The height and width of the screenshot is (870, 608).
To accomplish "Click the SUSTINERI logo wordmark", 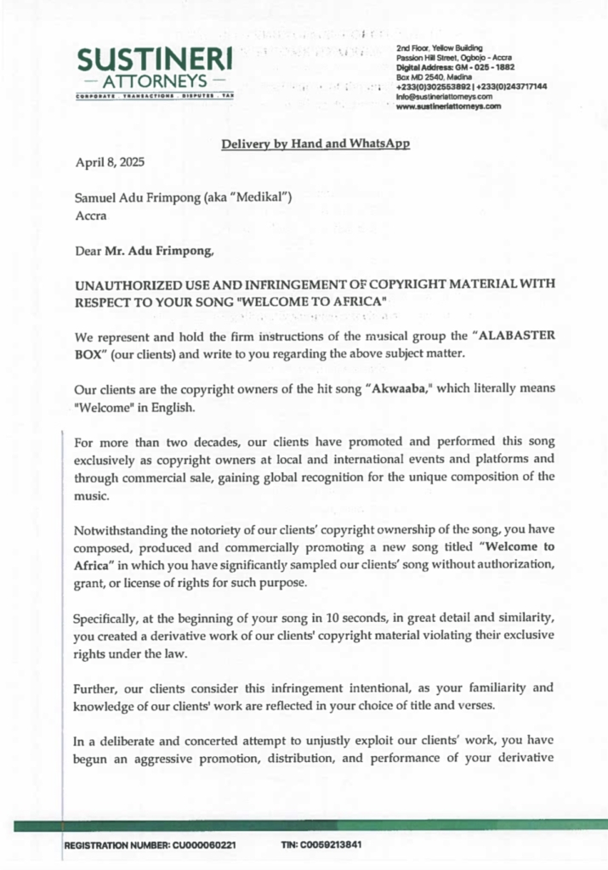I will click(154, 59).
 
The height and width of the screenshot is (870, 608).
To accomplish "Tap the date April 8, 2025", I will click(108, 162).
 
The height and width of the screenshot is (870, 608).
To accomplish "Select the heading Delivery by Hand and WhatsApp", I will click(315, 144).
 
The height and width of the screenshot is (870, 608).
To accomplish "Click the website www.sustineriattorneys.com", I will click(448, 107).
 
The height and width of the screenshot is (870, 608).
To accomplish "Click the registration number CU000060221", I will click(206, 845).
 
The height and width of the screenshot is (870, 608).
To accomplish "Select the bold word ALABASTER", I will click(510, 335).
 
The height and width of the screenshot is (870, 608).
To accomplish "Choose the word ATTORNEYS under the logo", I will click(154, 82).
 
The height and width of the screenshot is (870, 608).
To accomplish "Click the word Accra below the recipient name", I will click(90, 216).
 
